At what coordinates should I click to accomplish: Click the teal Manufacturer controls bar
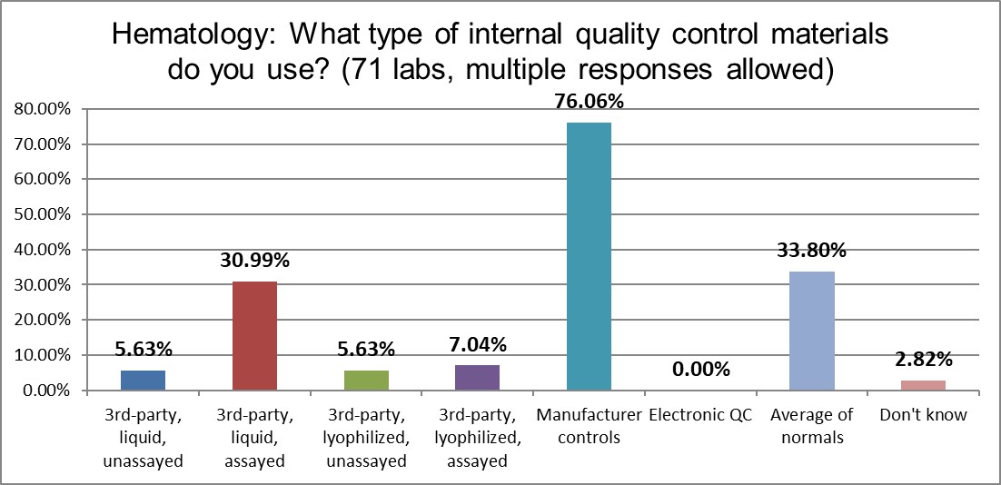[x=589, y=256]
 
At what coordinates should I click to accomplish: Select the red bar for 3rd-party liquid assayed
[x=254, y=336]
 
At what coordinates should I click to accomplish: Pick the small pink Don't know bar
[x=923, y=385]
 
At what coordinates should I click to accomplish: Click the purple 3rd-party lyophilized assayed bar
[x=477, y=378]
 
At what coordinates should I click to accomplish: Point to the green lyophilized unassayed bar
[x=366, y=381]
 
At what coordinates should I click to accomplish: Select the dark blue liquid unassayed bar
[x=144, y=381]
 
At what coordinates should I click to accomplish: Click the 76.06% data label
[x=589, y=102]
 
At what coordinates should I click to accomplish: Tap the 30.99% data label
[x=254, y=261]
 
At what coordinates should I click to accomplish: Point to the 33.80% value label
[x=812, y=251]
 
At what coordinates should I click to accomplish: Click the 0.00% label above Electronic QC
[x=700, y=369]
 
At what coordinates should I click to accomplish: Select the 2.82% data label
[x=923, y=359]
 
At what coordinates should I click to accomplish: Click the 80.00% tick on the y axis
[x=44, y=109]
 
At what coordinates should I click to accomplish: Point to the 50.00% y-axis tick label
[x=44, y=214]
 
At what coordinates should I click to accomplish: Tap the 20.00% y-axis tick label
[x=44, y=320]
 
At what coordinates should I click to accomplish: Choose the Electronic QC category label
[x=700, y=416]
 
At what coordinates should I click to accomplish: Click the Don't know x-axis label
[x=923, y=416]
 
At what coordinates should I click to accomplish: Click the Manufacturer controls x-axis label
[x=589, y=426]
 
